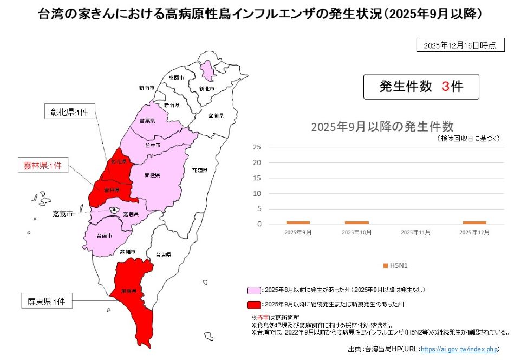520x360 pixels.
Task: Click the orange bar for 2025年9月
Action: coord(298,222)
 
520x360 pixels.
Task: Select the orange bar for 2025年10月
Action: coord(356,222)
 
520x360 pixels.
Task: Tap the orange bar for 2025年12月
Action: coord(474,222)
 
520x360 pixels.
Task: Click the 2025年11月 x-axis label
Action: coord(415,232)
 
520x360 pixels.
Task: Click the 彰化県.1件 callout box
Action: coord(69,113)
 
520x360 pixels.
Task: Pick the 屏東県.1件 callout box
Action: coord(47,302)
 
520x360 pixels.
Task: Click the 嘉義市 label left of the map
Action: coord(63,214)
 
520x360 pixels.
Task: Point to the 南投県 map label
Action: coord(152,176)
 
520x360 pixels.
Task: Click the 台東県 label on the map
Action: coord(163,254)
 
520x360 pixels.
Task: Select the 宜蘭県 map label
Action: coord(215,115)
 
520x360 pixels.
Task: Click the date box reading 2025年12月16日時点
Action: coord(460,45)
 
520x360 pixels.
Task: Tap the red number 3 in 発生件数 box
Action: coord(445,86)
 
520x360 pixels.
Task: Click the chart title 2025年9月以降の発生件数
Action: coord(382,127)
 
